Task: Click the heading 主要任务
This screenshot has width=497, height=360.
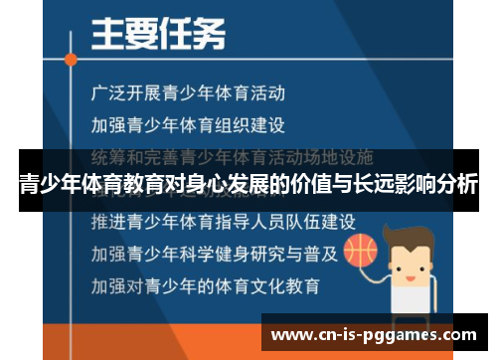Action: point(158,35)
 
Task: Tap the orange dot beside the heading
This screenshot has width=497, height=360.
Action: point(71,59)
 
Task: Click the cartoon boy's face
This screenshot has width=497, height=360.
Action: point(412,255)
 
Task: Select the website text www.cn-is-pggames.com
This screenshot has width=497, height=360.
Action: point(377,333)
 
